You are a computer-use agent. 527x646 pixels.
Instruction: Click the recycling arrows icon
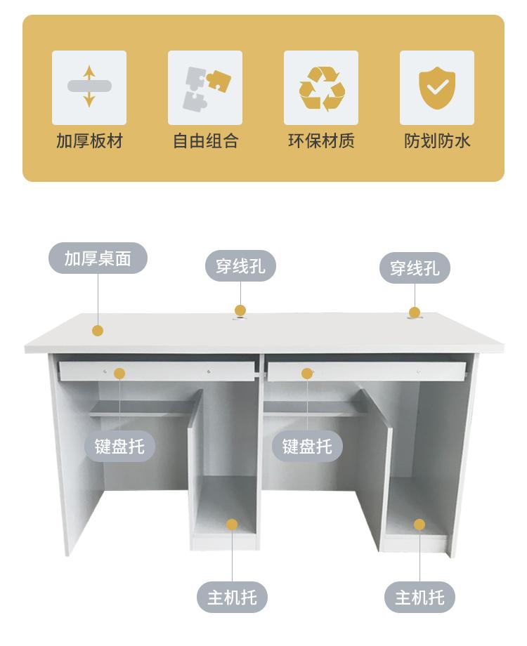pyautogui.click(x=321, y=88)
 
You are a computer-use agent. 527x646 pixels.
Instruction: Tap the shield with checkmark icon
pyautogui.click(x=437, y=88)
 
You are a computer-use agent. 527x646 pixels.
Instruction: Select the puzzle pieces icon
pyautogui.click(x=204, y=88)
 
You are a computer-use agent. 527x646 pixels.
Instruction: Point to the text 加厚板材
pyautogui.click(x=89, y=140)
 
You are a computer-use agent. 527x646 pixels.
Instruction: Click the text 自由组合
pyautogui.click(x=205, y=140)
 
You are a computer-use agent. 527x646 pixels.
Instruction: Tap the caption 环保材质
pyautogui.click(x=321, y=140)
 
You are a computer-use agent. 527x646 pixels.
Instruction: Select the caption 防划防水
pyautogui.click(x=437, y=140)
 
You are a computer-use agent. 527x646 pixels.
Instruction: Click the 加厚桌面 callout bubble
pyautogui.click(x=98, y=258)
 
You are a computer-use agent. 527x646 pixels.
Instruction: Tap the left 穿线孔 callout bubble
pyautogui.click(x=240, y=267)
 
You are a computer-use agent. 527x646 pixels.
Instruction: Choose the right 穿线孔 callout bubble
pyautogui.click(x=415, y=268)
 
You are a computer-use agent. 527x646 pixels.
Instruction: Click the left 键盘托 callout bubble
pyautogui.click(x=120, y=447)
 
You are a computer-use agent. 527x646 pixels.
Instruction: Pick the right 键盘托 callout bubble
pyautogui.click(x=307, y=447)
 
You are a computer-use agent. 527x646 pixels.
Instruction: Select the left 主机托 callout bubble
pyautogui.click(x=232, y=598)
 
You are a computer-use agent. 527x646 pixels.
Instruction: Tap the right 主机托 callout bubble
pyautogui.click(x=419, y=598)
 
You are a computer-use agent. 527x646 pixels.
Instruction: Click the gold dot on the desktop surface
pyautogui.click(x=98, y=330)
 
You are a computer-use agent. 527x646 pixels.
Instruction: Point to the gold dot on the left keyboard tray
pyautogui.click(x=119, y=374)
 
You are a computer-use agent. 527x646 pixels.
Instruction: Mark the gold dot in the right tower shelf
pyautogui.click(x=419, y=525)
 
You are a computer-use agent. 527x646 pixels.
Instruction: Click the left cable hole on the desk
pyautogui.click(x=240, y=318)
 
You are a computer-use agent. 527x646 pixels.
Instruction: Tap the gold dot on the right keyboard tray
pyautogui.click(x=307, y=374)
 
